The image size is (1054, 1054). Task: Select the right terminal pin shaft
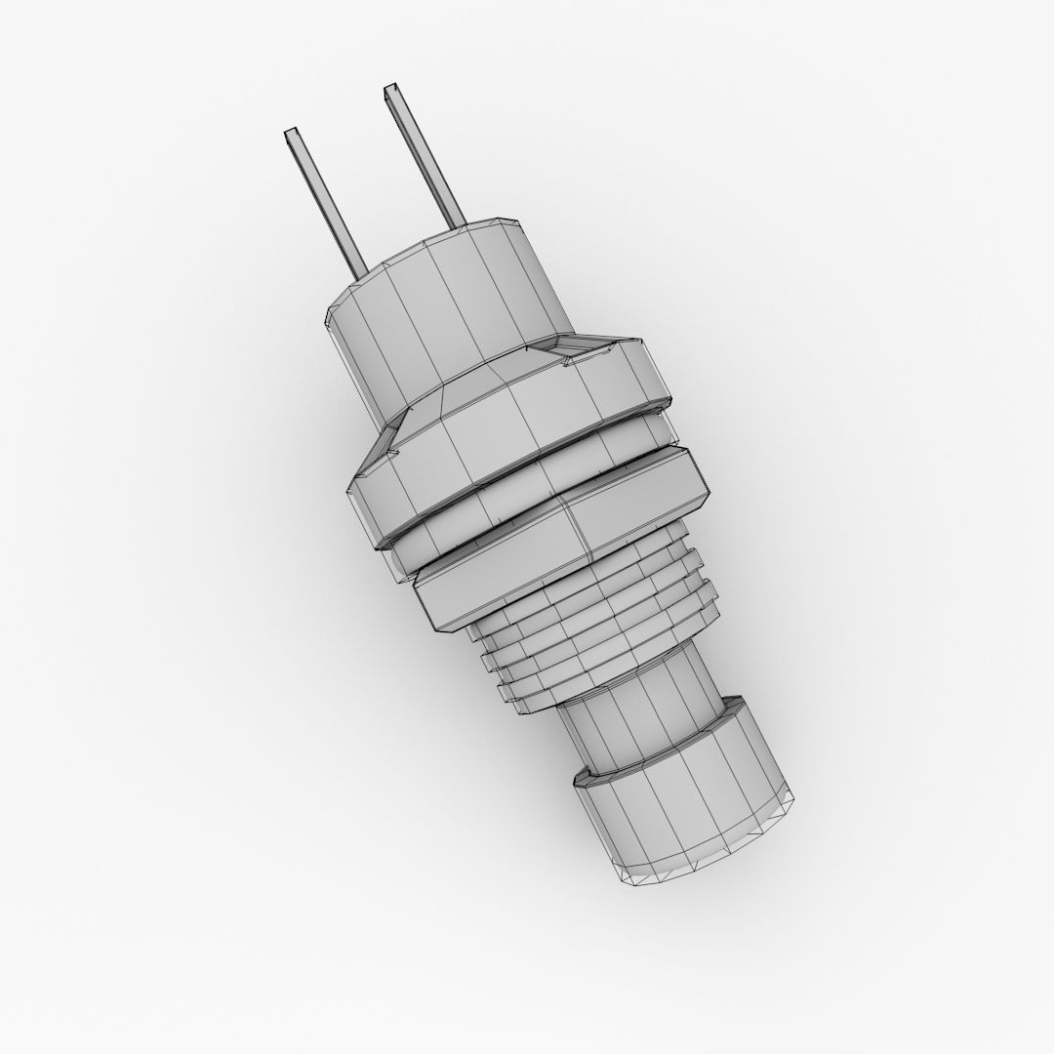(x=425, y=156)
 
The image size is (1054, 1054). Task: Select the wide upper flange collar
(x=507, y=429)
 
